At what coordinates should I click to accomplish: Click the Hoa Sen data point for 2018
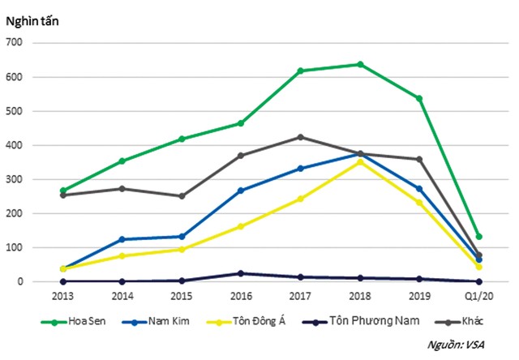click(x=360, y=64)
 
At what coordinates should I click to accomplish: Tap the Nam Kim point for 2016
click(x=241, y=191)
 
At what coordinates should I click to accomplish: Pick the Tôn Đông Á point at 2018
click(x=360, y=161)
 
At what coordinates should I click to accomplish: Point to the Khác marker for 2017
click(x=300, y=137)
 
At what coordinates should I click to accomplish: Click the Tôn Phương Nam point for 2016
click(x=241, y=273)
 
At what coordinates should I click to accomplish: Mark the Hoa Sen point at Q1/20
click(x=479, y=237)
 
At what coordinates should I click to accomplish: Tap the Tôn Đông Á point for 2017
click(x=300, y=199)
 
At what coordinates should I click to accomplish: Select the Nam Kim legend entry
click(x=163, y=322)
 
